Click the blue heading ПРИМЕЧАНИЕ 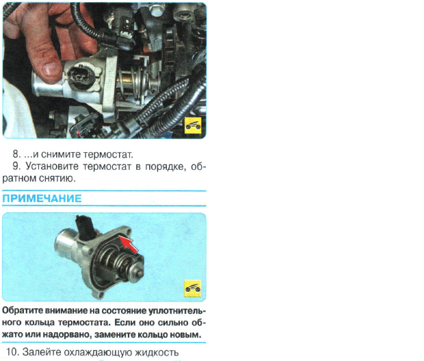click(42, 199)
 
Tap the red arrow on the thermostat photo click(129, 245)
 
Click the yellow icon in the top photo click(193, 125)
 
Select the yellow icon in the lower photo click(193, 288)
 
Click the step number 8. click(16, 154)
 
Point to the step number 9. click(16, 166)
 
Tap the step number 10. click(12, 352)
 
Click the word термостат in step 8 click(108, 155)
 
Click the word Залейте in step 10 click(41, 352)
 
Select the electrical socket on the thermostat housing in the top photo click(81, 77)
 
